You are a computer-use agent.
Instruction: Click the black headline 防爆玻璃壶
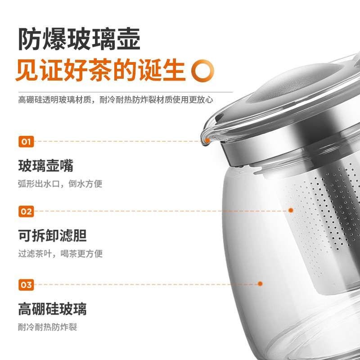tap(79, 39)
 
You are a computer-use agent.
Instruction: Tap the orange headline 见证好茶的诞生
tap(100, 70)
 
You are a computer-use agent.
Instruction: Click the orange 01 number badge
tap(26, 142)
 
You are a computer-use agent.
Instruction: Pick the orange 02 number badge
tap(26, 211)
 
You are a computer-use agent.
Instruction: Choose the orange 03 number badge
tap(26, 285)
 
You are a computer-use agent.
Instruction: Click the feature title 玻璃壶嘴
tap(46, 166)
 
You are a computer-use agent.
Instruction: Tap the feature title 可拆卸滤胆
tap(53, 235)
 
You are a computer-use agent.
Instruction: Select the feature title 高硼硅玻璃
tap(53, 309)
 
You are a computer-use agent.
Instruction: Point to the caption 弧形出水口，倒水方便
tap(60, 184)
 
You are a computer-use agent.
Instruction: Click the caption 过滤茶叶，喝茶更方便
tap(60, 254)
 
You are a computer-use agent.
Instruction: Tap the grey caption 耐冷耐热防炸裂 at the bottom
tap(48, 327)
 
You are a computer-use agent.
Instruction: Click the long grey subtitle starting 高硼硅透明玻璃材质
tap(116, 100)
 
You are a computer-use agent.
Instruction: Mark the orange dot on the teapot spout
tap(207, 140)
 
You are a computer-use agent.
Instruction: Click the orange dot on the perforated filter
tap(291, 210)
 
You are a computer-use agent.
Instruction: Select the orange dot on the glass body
tap(260, 284)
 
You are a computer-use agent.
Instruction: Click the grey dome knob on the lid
tap(296, 82)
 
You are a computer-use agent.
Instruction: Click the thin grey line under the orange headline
tap(126, 92)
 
